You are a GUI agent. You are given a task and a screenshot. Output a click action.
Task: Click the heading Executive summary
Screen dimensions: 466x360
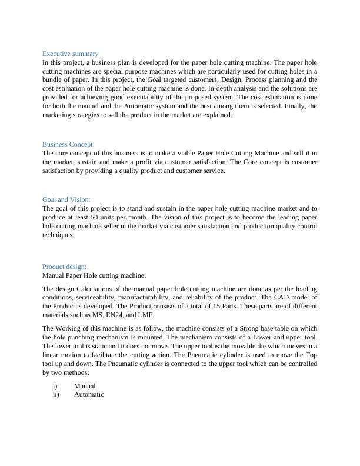pyautogui.click(x=71, y=54)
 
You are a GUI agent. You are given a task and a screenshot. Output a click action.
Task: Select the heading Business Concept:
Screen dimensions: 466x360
pyautogui.click(x=68, y=144)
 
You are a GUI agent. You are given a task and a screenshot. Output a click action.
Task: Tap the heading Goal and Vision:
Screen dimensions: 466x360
pyautogui.click(x=66, y=199)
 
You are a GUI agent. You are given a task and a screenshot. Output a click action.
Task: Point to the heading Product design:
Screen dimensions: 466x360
pyautogui.click(x=64, y=267)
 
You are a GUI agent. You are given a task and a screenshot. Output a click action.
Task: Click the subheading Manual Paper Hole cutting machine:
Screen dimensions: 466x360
pyautogui.click(x=94, y=275)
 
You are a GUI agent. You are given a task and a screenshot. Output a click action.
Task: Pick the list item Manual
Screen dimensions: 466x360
pyautogui.click(x=85, y=386)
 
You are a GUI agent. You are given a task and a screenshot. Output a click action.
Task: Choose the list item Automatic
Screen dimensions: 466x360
pyautogui.click(x=89, y=394)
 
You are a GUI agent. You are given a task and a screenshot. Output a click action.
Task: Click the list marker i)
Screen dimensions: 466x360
pyautogui.click(x=55, y=386)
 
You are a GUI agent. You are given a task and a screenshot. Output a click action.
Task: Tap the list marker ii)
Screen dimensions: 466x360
pyautogui.click(x=56, y=394)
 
